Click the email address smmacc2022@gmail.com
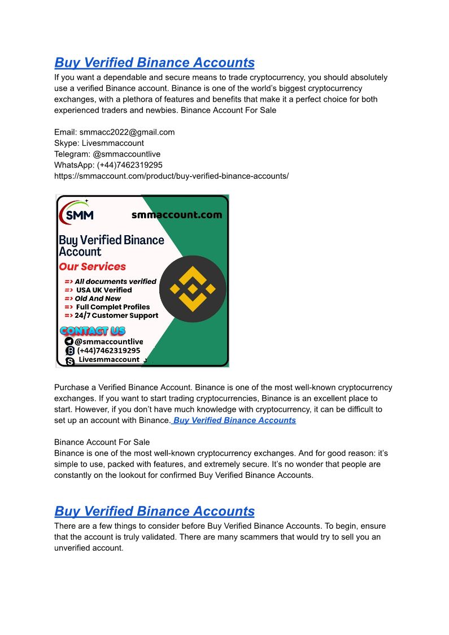127,132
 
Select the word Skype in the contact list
67,143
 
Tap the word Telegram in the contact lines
72,154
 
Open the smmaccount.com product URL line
171,176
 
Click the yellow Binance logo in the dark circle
193,289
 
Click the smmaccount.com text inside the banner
176,215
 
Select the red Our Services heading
93,266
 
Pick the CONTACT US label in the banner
92,331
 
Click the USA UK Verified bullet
104,290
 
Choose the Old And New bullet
98,299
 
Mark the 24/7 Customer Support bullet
116,316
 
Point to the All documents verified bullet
115,282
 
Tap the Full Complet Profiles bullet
113,307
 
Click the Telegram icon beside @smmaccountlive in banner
69,342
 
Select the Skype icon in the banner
70,361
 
